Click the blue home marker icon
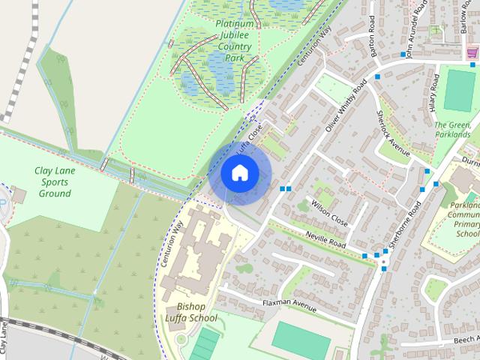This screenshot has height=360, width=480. point(239,173)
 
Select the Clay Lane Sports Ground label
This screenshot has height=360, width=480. point(55,182)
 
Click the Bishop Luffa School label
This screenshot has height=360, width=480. point(197,312)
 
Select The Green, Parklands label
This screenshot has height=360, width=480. point(453,130)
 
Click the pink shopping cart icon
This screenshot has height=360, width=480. point(472,52)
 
